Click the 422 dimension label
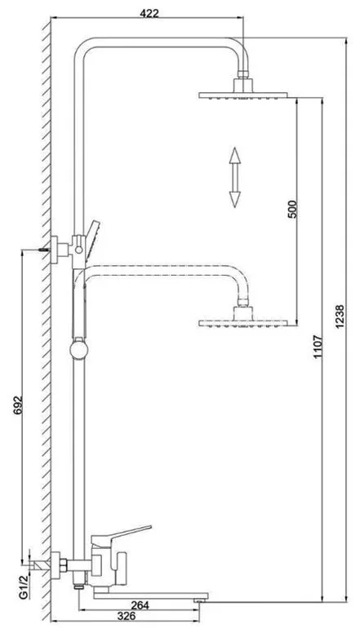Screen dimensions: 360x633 point(149,13)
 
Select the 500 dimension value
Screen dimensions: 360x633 point(292,209)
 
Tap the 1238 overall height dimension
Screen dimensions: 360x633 point(340,316)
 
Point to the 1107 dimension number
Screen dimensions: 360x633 point(318,347)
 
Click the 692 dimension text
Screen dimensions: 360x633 point(18,405)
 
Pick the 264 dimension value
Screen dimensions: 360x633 point(140,605)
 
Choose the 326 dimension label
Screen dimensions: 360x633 point(127,616)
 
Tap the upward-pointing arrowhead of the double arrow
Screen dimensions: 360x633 point(235,156)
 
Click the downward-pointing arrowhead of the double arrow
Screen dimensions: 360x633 point(235,199)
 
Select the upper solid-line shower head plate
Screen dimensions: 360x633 point(242,95)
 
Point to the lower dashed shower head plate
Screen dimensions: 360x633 point(242,323)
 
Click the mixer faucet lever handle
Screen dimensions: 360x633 point(121,535)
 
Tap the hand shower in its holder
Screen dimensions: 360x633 point(92,239)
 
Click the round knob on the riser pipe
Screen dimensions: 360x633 point(78,350)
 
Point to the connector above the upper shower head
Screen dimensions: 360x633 point(242,74)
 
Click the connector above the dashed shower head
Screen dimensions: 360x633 point(242,302)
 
